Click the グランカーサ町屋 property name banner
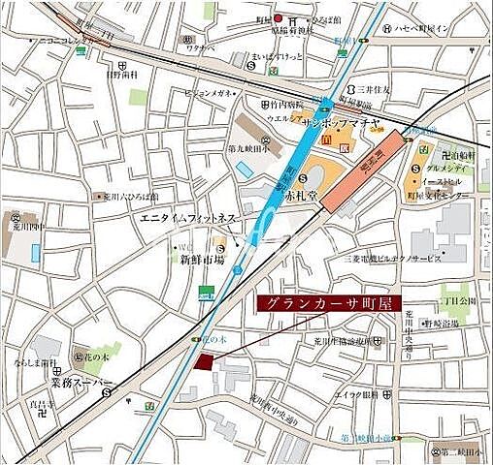point(330,303)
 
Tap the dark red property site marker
point(204,361)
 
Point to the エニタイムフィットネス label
point(188,220)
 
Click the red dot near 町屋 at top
point(278,17)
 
